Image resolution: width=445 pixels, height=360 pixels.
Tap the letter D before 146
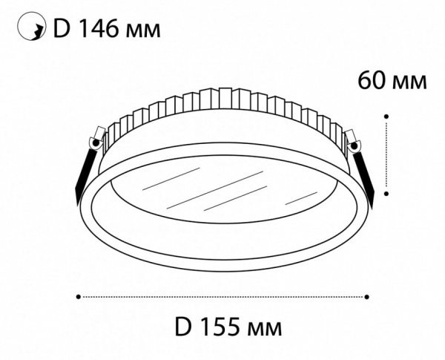(62, 30)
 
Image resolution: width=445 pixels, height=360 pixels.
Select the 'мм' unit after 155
(264, 328)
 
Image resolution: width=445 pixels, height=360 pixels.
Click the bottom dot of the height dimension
(387, 192)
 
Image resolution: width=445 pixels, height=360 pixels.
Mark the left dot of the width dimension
(79, 296)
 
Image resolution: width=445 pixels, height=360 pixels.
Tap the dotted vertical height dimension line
(387, 154)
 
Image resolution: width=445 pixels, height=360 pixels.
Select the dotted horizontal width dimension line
(222, 296)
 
